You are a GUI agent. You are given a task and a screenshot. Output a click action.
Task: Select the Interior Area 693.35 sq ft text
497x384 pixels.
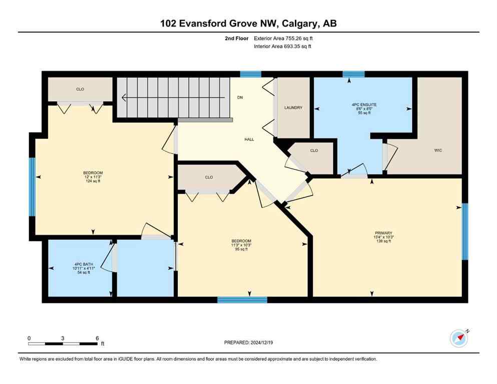(x=283, y=46)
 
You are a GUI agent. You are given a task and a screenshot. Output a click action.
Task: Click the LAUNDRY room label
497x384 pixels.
(x=293, y=107)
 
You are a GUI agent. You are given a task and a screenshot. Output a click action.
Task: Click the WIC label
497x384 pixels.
(x=438, y=150)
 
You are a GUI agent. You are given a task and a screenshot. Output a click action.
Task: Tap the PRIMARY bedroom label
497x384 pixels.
(x=384, y=232)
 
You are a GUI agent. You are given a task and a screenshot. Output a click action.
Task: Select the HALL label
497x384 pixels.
(x=249, y=139)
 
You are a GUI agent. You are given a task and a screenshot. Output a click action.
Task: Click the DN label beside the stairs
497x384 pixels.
(x=240, y=98)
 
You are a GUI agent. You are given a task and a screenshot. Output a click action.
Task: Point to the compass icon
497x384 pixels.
(x=458, y=338)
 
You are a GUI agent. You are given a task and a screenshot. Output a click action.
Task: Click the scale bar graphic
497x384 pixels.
(x=63, y=343)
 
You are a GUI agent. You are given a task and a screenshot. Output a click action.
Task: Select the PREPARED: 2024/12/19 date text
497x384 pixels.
(x=248, y=342)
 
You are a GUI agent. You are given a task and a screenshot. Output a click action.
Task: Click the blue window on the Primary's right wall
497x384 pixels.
(x=464, y=231)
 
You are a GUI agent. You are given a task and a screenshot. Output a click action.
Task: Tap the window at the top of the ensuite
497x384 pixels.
(x=353, y=74)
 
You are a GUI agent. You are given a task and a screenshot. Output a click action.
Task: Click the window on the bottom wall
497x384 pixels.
(x=242, y=300)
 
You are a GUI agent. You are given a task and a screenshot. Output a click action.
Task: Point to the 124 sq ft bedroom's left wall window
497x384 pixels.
(x=32, y=187)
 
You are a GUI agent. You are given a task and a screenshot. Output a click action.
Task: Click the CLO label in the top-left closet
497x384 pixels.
(x=80, y=89)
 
